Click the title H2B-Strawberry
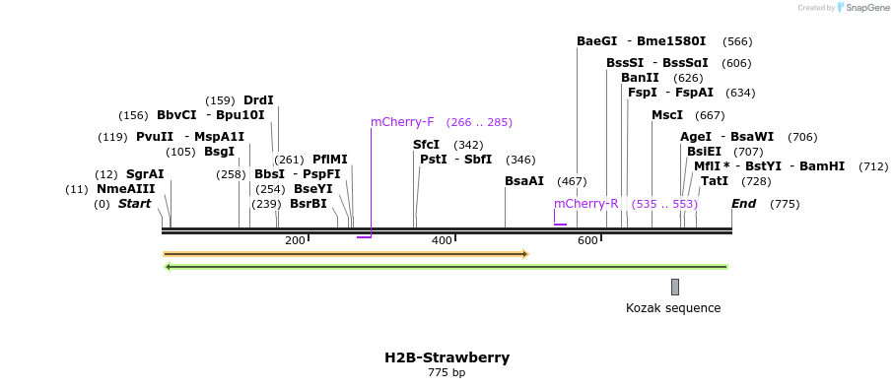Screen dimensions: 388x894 (447, 357)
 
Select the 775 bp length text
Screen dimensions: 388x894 (447, 373)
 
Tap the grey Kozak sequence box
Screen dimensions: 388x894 (675, 287)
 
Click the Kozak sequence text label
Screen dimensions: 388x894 (673, 308)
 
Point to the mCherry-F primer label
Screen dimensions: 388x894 (402, 122)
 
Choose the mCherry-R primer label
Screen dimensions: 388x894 (585, 204)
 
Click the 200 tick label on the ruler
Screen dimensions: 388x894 (295, 240)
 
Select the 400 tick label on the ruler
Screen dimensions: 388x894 (442, 240)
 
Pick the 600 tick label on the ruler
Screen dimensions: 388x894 (587, 240)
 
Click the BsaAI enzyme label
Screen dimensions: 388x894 (524, 181)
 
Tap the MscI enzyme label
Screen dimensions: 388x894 (667, 115)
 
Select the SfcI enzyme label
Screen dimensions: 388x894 (426, 145)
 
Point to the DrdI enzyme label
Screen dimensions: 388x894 (258, 100)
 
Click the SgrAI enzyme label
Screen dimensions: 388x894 (145, 174)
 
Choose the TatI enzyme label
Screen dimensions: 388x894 (715, 181)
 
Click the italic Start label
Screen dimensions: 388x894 (134, 204)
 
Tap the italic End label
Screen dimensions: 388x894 (743, 204)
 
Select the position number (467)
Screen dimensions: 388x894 (572, 181)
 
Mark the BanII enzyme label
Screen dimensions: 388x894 (640, 78)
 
